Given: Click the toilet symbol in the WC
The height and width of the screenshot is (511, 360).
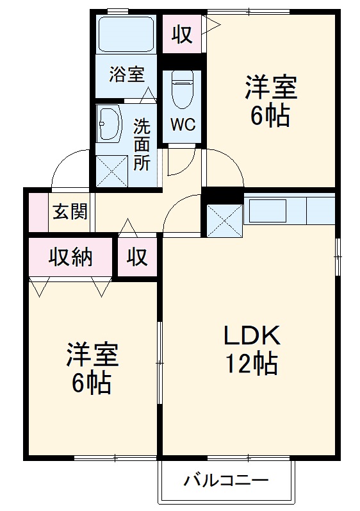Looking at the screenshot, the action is (183, 89).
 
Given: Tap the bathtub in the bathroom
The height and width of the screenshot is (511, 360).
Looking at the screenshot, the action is (126, 34).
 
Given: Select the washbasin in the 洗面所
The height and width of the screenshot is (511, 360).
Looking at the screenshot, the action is (110, 123).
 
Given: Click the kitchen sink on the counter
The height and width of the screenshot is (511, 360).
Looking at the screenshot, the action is (268, 210).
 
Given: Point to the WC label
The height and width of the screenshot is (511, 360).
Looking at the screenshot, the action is (183, 124).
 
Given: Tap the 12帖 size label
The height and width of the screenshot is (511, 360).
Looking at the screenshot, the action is (252, 364).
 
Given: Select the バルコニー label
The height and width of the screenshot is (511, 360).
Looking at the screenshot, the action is (226, 480).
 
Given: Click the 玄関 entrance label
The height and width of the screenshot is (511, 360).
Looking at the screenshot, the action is (70, 212).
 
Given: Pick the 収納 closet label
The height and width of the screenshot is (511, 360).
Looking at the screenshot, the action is (70, 257).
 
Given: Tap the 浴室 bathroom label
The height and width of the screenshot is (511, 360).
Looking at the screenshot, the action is (127, 74).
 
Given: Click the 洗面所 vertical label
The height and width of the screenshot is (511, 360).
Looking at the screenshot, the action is (142, 145).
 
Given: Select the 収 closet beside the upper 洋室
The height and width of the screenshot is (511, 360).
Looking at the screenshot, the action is (183, 34).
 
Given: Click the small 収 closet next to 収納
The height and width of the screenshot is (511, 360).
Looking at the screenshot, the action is (137, 256).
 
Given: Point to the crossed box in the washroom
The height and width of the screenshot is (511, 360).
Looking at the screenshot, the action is (112, 171).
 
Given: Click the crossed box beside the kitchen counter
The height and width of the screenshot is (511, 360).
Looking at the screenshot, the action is (225, 221).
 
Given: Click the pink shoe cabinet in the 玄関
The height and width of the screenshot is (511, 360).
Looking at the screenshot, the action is (38, 212).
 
